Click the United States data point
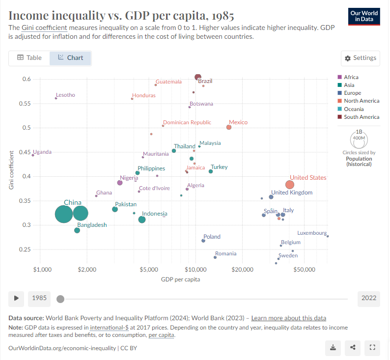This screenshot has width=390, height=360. [290, 185]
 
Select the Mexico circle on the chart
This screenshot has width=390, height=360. [229, 127]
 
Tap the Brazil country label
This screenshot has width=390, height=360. [205, 81]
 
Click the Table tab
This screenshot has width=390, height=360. [29, 58]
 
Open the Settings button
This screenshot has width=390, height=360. [361, 58]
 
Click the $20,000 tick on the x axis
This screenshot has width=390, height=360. [242, 270]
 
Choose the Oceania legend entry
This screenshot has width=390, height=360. [354, 109]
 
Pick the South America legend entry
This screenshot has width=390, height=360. [362, 117]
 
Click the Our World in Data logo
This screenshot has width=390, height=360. [364, 16]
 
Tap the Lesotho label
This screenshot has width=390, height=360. [65, 95]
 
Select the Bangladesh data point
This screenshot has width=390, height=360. [77, 230]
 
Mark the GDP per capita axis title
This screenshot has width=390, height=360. [180, 279]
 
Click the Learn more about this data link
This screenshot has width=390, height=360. [288, 318]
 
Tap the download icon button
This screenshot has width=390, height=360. [333, 348]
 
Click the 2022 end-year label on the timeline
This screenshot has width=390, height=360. [369, 298]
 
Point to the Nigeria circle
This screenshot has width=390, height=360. [120, 183]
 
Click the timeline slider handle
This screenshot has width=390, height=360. [60, 299]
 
